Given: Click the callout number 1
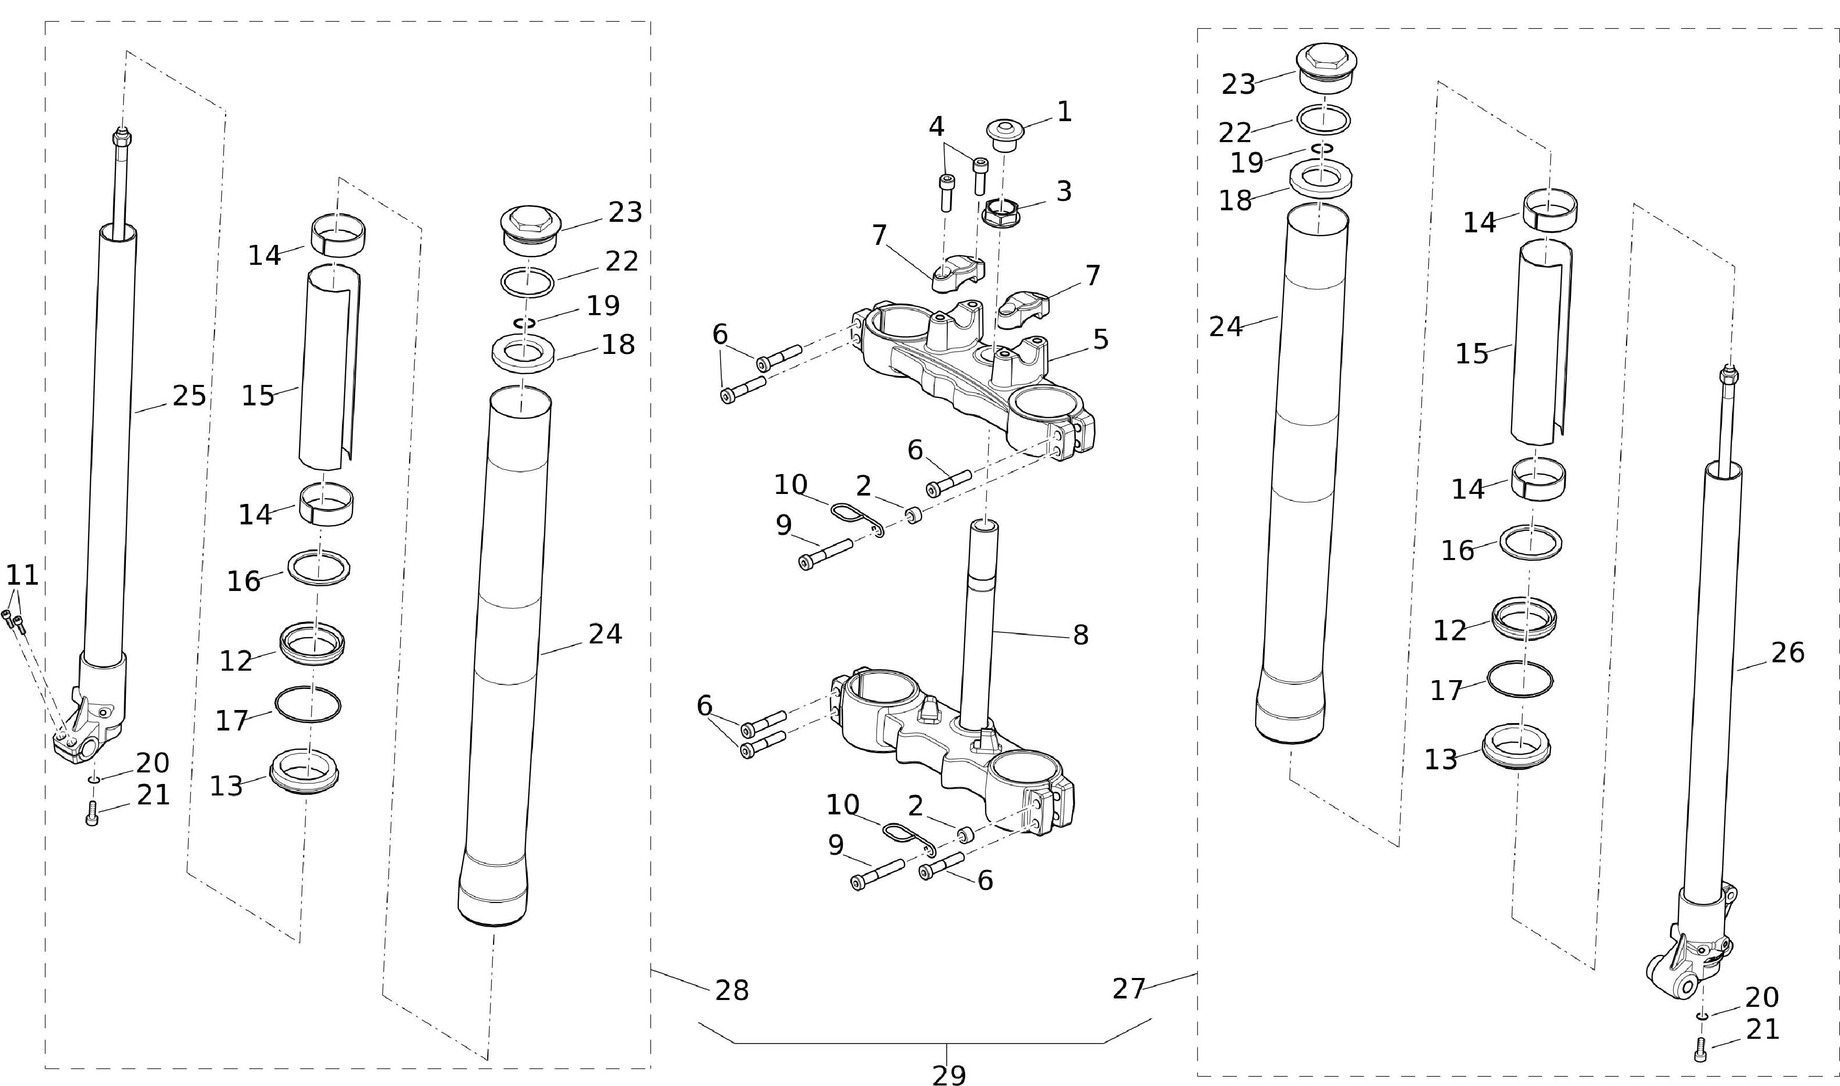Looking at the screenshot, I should pos(1064,112).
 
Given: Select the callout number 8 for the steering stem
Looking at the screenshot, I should pos(1081,635).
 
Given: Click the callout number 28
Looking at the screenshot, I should pos(732,991).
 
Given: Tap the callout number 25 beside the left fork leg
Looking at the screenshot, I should pos(189,396).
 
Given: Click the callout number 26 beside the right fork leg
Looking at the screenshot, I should pos(1788,653).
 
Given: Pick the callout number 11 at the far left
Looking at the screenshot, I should pos(22,575).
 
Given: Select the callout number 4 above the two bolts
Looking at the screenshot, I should pos(936,126).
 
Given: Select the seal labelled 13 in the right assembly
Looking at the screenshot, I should pos(1516,747).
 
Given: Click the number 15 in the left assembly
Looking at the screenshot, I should pos(258,396).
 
